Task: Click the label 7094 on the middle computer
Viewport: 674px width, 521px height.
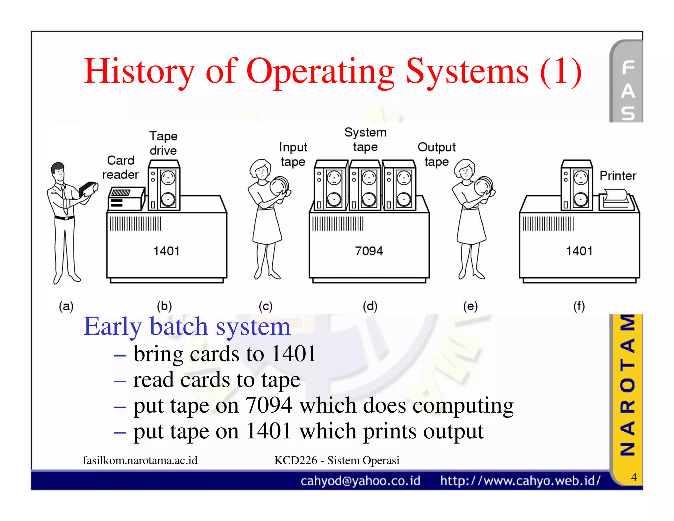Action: pyautogui.click(x=369, y=251)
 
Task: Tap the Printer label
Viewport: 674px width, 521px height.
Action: pyautogui.click(x=618, y=176)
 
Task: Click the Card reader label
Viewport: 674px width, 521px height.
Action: pyautogui.click(x=120, y=167)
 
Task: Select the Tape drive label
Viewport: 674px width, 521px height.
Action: pyautogui.click(x=163, y=143)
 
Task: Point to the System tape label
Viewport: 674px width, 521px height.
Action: pyautogui.click(x=365, y=140)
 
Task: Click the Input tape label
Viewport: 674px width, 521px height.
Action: pyautogui.click(x=293, y=154)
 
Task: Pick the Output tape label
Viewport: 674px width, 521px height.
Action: pyautogui.click(x=436, y=154)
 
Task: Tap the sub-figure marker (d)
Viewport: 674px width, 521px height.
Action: pyautogui.click(x=370, y=306)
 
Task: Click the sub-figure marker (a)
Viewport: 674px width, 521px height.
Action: pyautogui.click(x=66, y=306)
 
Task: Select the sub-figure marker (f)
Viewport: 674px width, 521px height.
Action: pyautogui.click(x=579, y=306)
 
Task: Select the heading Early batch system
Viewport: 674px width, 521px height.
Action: pyautogui.click(x=187, y=326)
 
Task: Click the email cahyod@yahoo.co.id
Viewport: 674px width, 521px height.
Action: pyautogui.click(x=360, y=481)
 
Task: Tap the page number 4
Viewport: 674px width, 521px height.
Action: pyautogui.click(x=634, y=477)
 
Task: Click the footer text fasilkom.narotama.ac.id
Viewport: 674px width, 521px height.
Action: pyautogui.click(x=140, y=460)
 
